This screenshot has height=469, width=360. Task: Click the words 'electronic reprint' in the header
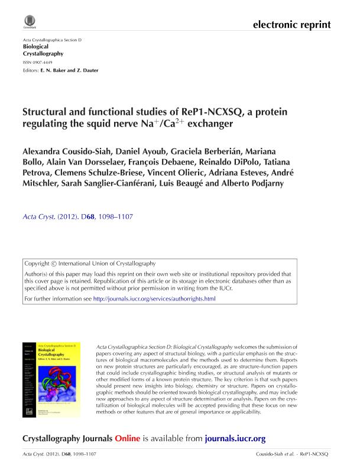(x=291, y=25)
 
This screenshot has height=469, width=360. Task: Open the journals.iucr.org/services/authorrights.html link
(x=154, y=299)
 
